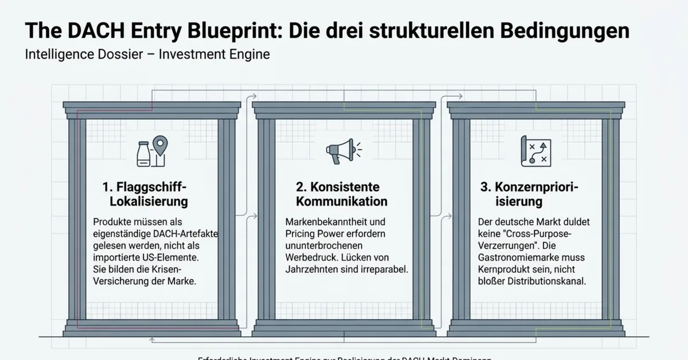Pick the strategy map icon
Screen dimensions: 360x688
click(535, 151)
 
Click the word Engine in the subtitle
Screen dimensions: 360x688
click(248, 56)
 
